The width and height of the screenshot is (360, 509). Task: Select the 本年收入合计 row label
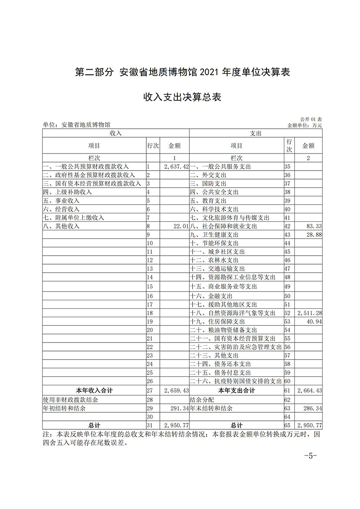(94, 391)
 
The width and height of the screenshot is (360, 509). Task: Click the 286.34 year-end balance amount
(311, 408)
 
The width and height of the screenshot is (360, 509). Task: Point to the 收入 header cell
(116, 134)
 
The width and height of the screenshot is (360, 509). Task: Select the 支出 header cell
(256, 134)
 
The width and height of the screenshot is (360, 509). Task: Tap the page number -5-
(311, 455)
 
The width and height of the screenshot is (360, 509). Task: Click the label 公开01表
(311, 119)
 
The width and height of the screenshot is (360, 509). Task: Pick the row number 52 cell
(288, 313)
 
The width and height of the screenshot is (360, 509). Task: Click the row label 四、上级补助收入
(67, 192)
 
